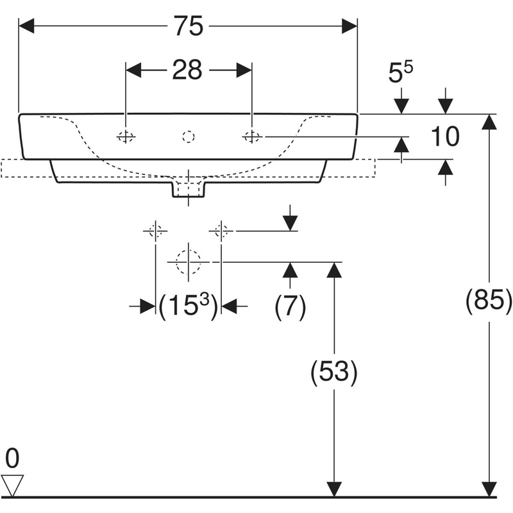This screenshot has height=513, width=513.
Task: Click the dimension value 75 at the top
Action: (x=187, y=26)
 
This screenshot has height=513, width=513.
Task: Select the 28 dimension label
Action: (x=187, y=70)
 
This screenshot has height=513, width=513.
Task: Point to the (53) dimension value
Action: (x=333, y=372)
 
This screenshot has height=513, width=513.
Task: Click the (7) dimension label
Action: (x=290, y=307)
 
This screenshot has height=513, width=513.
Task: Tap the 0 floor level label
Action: (x=13, y=459)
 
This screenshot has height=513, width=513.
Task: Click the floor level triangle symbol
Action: (x=13, y=484)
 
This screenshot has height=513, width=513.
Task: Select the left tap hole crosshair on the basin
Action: (x=126, y=137)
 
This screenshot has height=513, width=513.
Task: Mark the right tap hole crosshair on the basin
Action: (x=251, y=137)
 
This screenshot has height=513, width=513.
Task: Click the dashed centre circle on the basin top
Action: (x=188, y=137)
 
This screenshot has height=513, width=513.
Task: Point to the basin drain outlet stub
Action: (x=188, y=188)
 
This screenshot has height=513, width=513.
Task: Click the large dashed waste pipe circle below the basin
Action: (x=188, y=262)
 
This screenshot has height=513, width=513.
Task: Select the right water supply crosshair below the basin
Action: (x=221, y=230)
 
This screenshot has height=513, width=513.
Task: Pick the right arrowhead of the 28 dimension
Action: (x=244, y=70)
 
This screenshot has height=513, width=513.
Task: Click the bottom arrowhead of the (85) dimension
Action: (x=491, y=489)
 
